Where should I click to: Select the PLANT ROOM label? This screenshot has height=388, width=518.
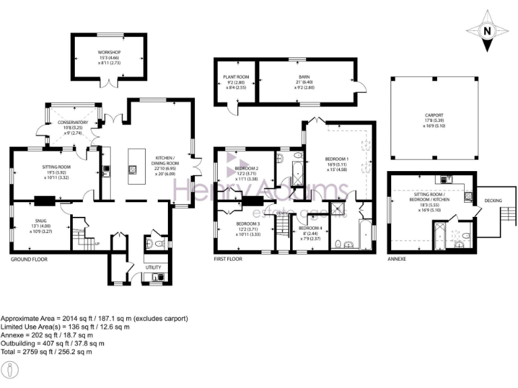pos(236,77)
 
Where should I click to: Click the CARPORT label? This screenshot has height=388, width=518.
pos(433,115)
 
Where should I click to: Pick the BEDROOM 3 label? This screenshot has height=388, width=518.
pos(248,224)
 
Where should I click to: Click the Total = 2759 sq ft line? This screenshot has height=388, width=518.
pos(47,352)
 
